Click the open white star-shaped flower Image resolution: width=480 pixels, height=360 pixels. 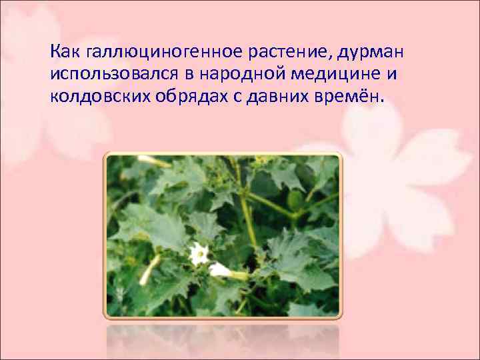198,253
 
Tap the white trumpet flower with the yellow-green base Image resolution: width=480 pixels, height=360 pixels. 223,270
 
